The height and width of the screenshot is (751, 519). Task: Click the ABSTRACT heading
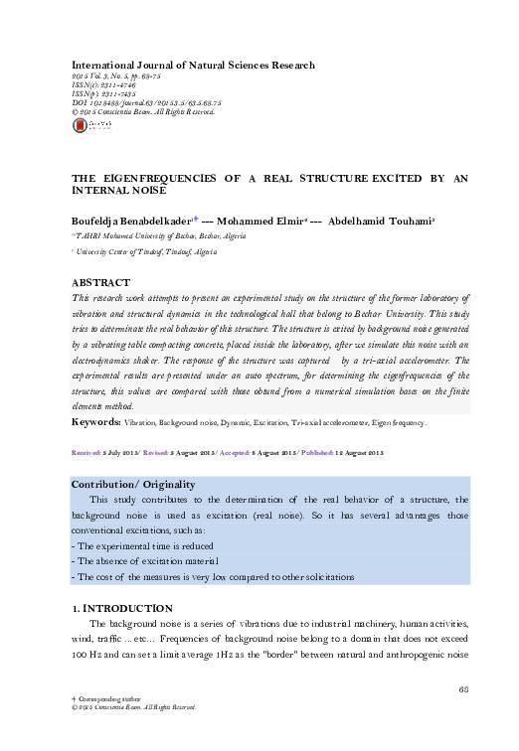point(103,282)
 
